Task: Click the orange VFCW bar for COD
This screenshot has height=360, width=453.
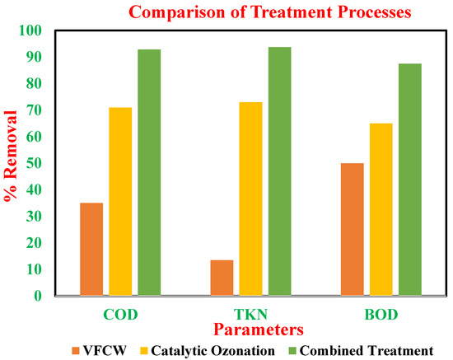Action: pyautogui.click(x=91, y=249)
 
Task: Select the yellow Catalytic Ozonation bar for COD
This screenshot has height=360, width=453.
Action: pyautogui.click(x=120, y=201)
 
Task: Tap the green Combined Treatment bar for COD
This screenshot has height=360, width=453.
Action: pyautogui.click(x=149, y=172)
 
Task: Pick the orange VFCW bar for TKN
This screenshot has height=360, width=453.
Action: pyautogui.click(x=222, y=278)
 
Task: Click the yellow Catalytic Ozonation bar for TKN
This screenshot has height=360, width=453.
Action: pyautogui.click(x=250, y=199)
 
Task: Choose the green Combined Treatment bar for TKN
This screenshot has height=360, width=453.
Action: pyautogui.click(x=280, y=171)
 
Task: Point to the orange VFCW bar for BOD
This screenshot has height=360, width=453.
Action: pyautogui.click(x=353, y=229)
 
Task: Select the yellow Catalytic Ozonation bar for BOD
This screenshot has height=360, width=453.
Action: pyautogui.click(x=381, y=209)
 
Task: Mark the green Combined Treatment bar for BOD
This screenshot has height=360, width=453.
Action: pyautogui.click(x=410, y=180)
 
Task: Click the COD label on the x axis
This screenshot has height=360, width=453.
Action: pyautogui.click(x=120, y=315)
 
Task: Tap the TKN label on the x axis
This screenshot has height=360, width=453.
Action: pyautogui.click(x=250, y=315)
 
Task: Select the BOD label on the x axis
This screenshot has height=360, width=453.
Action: pyautogui.click(x=381, y=315)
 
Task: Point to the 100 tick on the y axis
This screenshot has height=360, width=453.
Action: pyautogui.click(x=30, y=30)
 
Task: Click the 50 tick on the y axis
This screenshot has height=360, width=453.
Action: pyautogui.click(x=34, y=163)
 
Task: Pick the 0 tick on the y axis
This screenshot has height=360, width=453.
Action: pyautogui.click(x=38, y=296)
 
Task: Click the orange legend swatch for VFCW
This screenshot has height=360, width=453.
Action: pyautogui.click(x=76, y=351)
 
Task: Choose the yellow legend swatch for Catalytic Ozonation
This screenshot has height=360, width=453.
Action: pyautogui.click(x=144, y=351)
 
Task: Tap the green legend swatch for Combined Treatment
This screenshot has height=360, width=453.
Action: pyautogui.click(x=292, y=351)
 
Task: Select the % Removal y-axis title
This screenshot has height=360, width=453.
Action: pyautogui.click(x=11, y=155)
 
